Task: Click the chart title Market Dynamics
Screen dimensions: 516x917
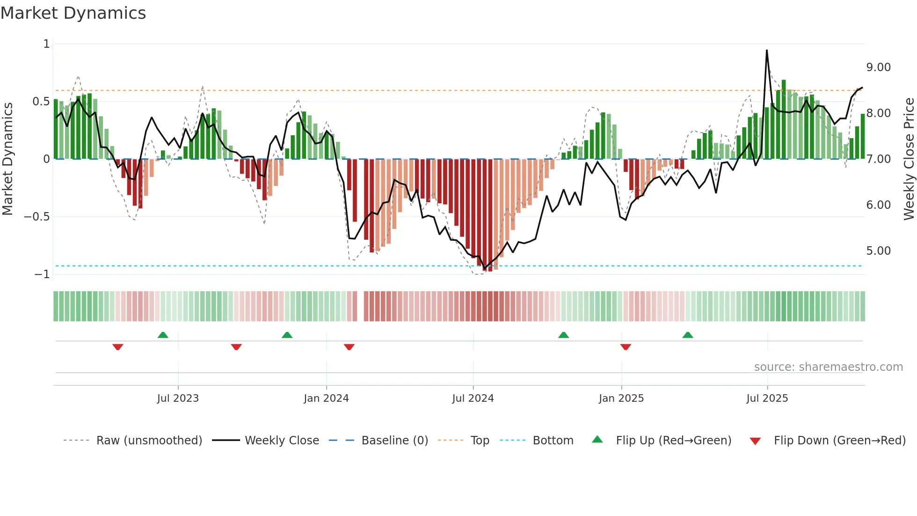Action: (73, 13)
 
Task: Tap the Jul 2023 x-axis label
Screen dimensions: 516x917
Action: (178, 398)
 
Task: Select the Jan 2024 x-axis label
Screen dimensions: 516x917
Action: (326, 398)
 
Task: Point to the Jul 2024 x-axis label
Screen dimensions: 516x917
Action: (473, 398)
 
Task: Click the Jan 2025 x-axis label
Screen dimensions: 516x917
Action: (621, 398)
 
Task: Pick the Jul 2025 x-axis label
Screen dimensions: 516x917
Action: (767, 398)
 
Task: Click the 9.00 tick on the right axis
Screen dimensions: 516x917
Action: (878, 67)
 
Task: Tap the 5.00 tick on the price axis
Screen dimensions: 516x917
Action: (878, 251)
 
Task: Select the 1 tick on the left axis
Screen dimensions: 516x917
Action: (46, 44)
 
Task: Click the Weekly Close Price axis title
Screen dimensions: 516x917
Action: (909, 159)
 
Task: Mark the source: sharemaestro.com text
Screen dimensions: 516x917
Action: (828, 367)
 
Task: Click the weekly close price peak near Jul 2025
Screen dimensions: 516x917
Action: (767, 50)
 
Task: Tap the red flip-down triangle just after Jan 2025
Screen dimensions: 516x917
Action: (626, 347)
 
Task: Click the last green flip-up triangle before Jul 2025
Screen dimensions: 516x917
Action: (688, 335)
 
